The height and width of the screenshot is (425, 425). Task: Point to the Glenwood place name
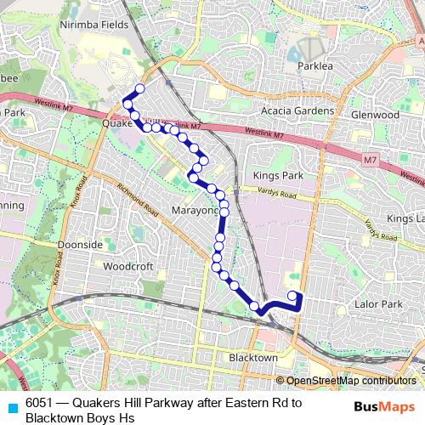(374, 114)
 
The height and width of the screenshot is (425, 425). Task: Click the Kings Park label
(273, 174)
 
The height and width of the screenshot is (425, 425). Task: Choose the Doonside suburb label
(79, 245)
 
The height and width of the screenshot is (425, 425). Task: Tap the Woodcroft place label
(127, 266)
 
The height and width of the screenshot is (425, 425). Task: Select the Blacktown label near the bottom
(253, 358)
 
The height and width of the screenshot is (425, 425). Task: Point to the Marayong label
(195, 211)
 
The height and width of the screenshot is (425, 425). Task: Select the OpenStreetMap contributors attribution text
(350, 381)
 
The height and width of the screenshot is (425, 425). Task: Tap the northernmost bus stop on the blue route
(140, 88)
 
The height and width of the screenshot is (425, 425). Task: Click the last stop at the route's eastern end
(292, 296)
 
